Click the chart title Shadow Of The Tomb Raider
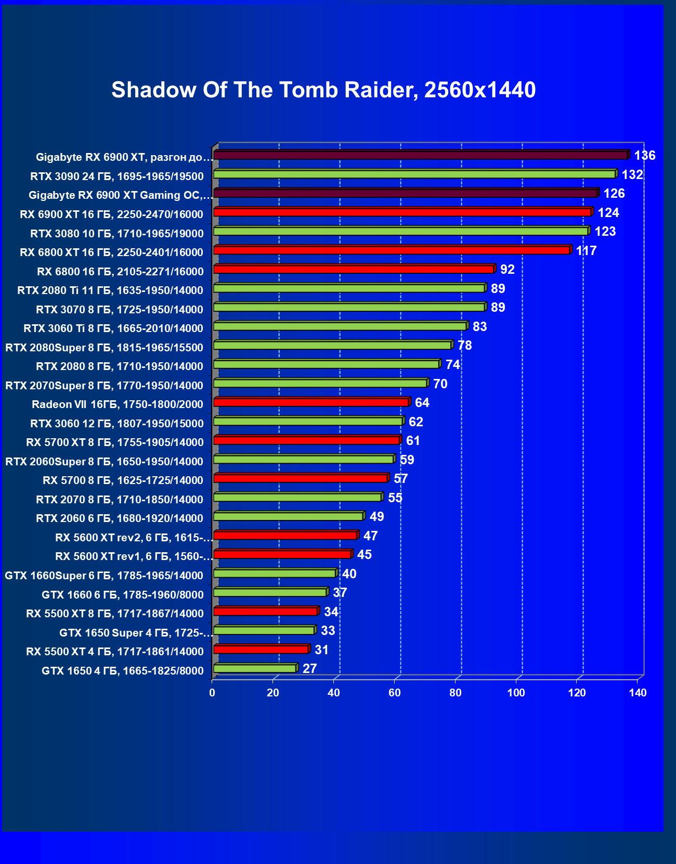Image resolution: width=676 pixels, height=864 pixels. [323, 90]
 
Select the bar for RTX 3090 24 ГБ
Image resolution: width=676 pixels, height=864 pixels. [414, 174]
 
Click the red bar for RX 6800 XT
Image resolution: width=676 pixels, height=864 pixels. [392, 250]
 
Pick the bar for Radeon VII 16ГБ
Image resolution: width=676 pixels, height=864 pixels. [311, 402]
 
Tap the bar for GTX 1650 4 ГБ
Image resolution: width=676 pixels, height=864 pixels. [255, 669]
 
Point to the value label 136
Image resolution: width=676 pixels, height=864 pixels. [645, 156]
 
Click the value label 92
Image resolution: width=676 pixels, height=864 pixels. [508, 270]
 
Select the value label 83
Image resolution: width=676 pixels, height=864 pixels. [479, 327]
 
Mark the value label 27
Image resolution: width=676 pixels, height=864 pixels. [310, 669]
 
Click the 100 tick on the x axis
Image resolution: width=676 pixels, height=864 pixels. [516, 693]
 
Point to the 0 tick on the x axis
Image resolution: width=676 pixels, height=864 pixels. [212, 693]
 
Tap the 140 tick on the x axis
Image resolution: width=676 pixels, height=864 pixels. [638, 693]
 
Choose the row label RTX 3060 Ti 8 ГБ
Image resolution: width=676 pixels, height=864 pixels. [113, 328]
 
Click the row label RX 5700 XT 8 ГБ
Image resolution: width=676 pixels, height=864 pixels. [114, 442]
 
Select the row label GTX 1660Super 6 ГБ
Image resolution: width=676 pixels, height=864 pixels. [104, 576]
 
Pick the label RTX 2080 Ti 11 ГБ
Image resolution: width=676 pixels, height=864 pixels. [110, 290]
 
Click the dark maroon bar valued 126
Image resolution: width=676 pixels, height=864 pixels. [406, 194]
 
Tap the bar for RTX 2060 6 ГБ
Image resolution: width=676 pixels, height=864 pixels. [289, 516]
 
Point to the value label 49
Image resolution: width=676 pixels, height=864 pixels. [377, 517]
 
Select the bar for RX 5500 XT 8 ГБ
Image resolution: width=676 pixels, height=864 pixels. [266, 612]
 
